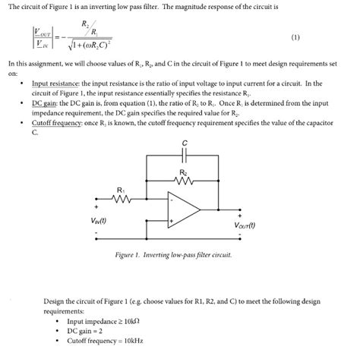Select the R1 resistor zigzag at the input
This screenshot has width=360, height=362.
click(122, 201)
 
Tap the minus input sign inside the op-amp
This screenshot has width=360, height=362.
click(173, 201)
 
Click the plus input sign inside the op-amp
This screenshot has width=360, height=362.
click(173, 221)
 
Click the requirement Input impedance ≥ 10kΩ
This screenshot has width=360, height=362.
click(103, 321)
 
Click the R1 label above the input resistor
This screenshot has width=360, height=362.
click(120, 189)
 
